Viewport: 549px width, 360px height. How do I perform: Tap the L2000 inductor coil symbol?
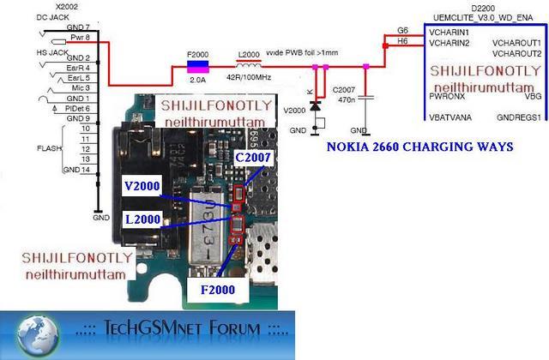[x=249, y=65]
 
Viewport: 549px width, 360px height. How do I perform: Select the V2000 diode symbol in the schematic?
[x=316, y=106]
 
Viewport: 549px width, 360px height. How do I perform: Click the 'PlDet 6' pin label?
[x=78, y=109]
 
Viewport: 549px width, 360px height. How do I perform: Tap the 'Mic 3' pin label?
[x=81, y=87]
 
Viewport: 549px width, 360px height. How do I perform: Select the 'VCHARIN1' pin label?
[x=449, y=31]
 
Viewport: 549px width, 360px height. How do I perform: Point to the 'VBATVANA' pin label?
[x=451, y=117]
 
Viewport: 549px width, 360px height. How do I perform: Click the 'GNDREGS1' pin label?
[x=518, y=117]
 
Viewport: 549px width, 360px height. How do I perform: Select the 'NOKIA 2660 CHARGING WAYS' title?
[x=419, y=147]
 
